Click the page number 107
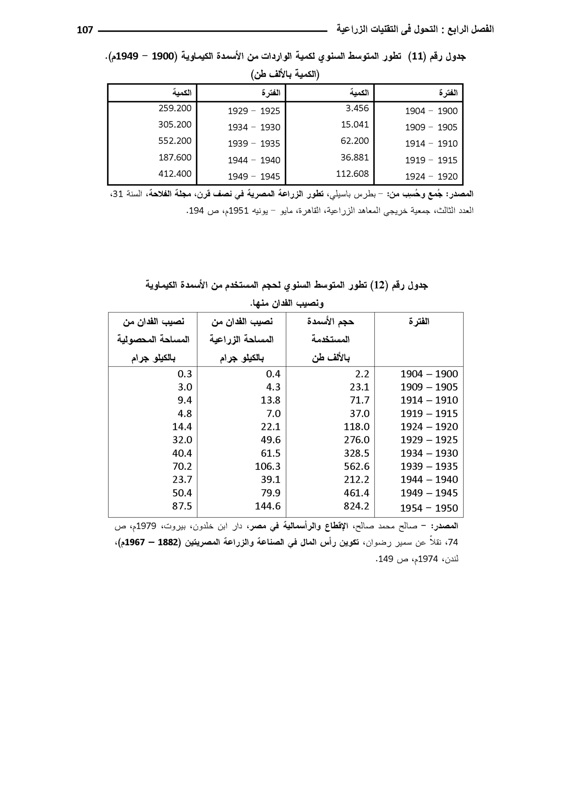[x=85, y=30]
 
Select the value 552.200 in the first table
[x=175, y=141]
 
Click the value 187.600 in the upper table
[x=175, y=158]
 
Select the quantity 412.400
[x=175, y=174]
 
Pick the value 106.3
[x=267, y=466]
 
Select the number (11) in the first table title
[x=417, y=57]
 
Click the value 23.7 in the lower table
[x=182, y=480]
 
